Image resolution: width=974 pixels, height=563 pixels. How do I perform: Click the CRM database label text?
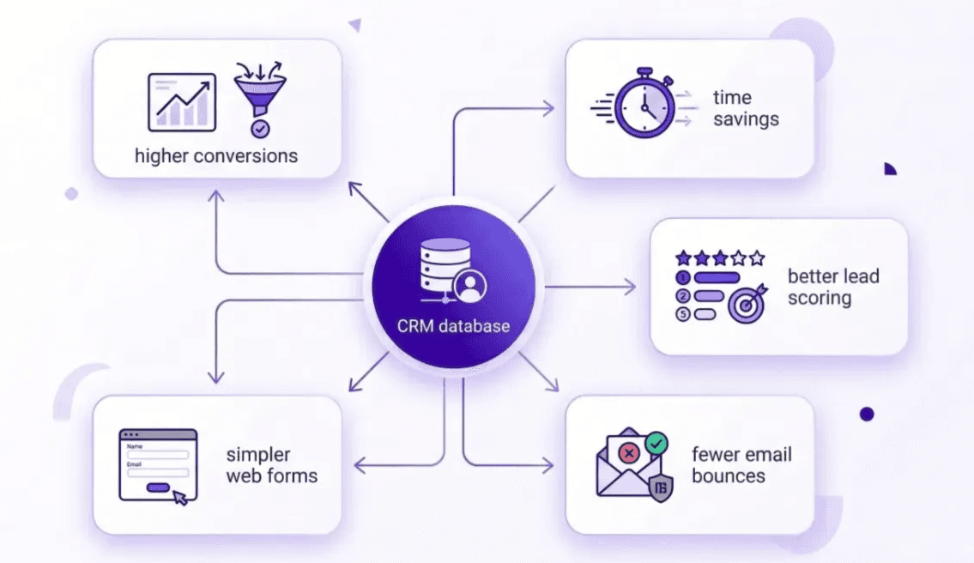[x=453, y=326]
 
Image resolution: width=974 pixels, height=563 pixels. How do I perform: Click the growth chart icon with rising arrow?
[x=182, y=102]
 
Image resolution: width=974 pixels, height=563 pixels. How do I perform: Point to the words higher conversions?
[x=216, y=156]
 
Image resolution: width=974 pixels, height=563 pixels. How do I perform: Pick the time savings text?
[x=745, y=108]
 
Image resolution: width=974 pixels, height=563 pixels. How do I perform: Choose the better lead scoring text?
[x=832, y=287]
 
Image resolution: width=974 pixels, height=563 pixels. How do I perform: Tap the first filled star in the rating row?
[x=683, y=257]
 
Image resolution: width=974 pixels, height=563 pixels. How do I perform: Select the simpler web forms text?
[x=271, y=465]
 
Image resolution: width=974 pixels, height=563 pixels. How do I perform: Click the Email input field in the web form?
[x=157, y=472]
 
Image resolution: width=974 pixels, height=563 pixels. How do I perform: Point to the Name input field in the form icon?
[x=157, y=455]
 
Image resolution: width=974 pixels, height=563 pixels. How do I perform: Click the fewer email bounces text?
[x=741, y=465]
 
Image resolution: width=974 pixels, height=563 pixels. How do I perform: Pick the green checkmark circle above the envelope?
[x=656, y=443]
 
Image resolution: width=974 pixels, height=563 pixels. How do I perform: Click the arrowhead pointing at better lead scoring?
[x=632, y=287]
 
